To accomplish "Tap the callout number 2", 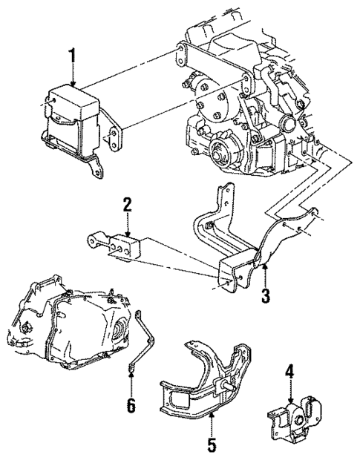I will (127, 205).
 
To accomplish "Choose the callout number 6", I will (131, 406).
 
